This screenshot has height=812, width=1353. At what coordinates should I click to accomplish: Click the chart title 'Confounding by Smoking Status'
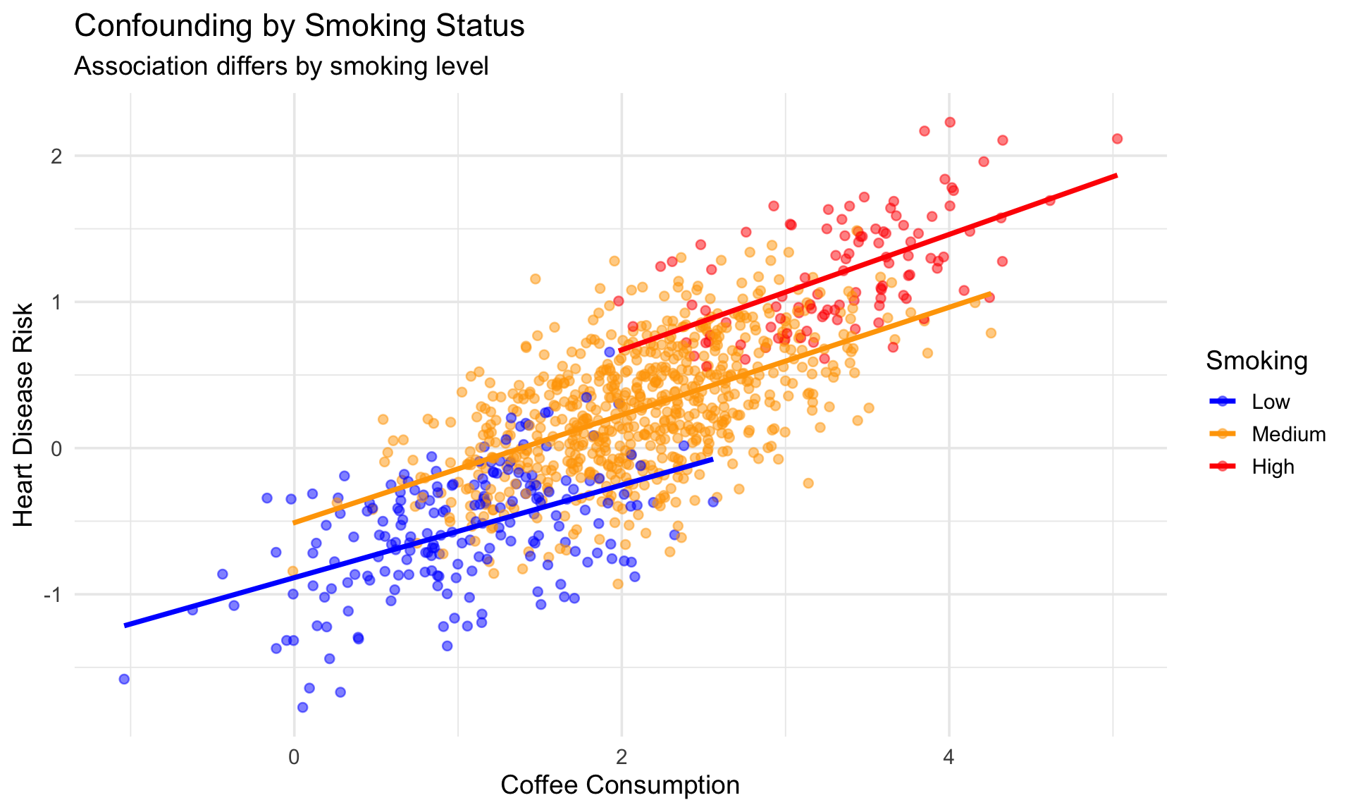299,27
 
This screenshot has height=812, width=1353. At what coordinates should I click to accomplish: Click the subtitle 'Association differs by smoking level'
281,66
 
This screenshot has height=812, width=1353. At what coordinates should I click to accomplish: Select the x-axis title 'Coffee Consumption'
620,785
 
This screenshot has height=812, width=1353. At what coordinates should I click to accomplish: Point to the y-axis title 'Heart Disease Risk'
24,414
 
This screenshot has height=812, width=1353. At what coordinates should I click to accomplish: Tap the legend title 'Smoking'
1256,361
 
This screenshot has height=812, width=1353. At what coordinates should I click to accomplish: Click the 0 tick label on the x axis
294,758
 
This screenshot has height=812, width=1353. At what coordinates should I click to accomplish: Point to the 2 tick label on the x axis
622,758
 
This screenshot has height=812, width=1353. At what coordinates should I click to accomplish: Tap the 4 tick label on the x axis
949,758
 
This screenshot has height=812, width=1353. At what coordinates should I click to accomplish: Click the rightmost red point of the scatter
1117,139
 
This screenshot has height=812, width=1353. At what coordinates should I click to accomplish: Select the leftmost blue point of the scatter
124,679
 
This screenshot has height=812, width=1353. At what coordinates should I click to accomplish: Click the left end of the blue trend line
125,625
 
